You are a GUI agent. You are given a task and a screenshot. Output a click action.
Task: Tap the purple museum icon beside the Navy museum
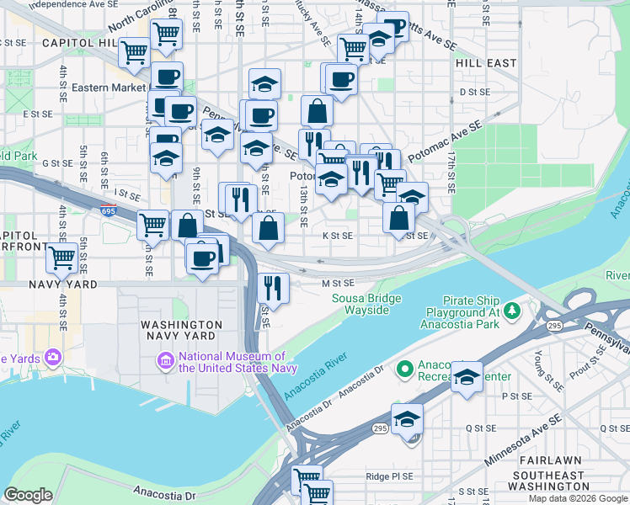click(165, 362)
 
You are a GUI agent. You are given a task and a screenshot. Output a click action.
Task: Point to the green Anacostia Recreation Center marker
click(404, 368)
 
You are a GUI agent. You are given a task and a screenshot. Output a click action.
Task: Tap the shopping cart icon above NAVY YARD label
click(62, 258)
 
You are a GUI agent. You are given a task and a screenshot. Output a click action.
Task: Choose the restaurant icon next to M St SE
click(273, 288)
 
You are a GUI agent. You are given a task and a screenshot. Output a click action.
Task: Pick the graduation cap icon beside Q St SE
click(407, 418)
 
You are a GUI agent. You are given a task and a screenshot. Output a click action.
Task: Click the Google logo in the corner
click(29, 495)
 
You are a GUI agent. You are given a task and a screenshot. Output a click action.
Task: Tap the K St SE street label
click(337, 236)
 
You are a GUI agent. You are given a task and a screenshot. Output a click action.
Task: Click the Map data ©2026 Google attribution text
click(579, 498)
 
